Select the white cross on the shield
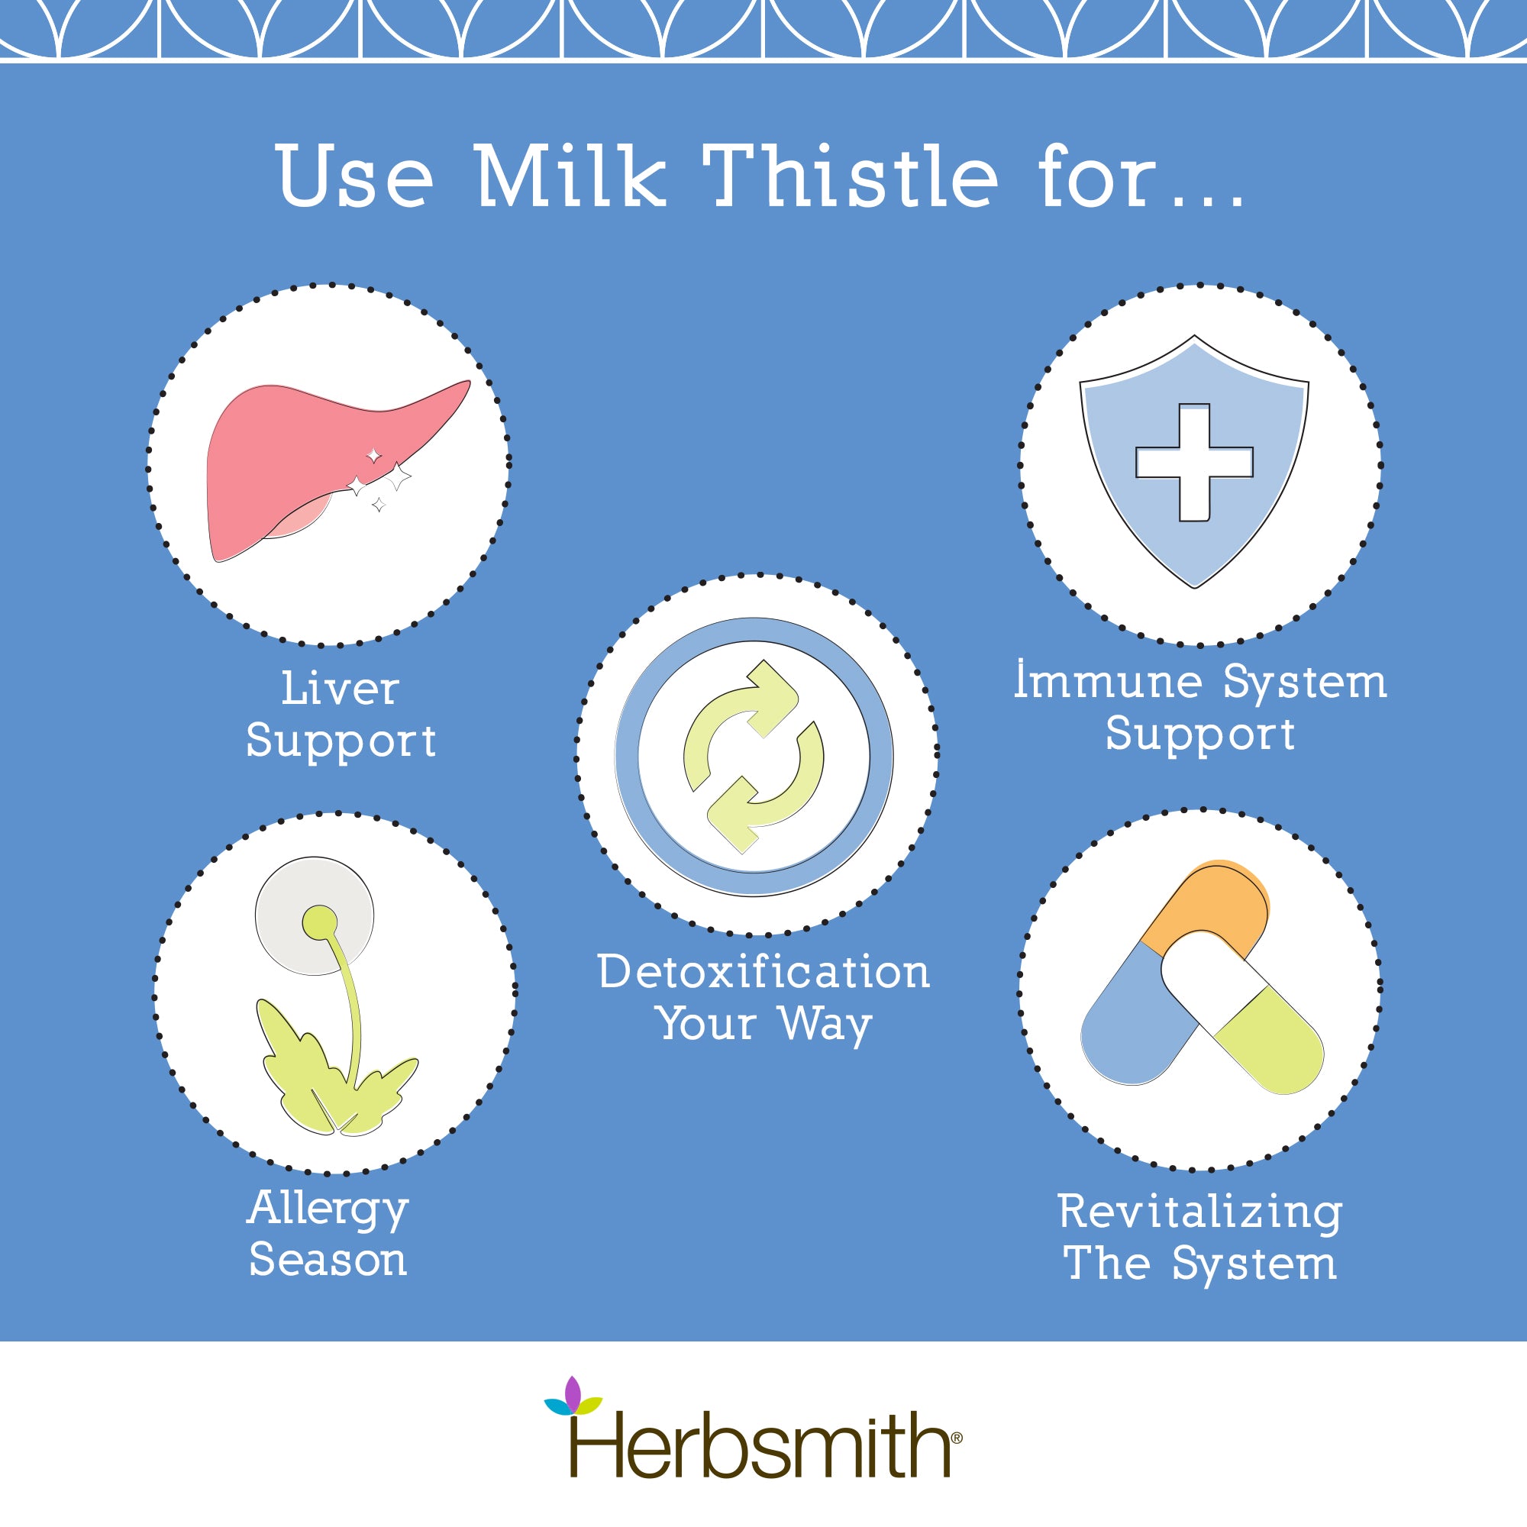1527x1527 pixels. [x=1194, y=463]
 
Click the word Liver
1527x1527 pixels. [x=340, y=689]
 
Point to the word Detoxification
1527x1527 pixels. [x=763, y=971]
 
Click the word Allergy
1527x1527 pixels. [x=328, y=1209]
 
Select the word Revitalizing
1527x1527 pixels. [x=1199, y=1212]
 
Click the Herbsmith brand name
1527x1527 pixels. [x=763, y=1446]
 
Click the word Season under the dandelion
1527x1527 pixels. [x=328, y=1261]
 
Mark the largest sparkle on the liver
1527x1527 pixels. [x=398, y=476]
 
